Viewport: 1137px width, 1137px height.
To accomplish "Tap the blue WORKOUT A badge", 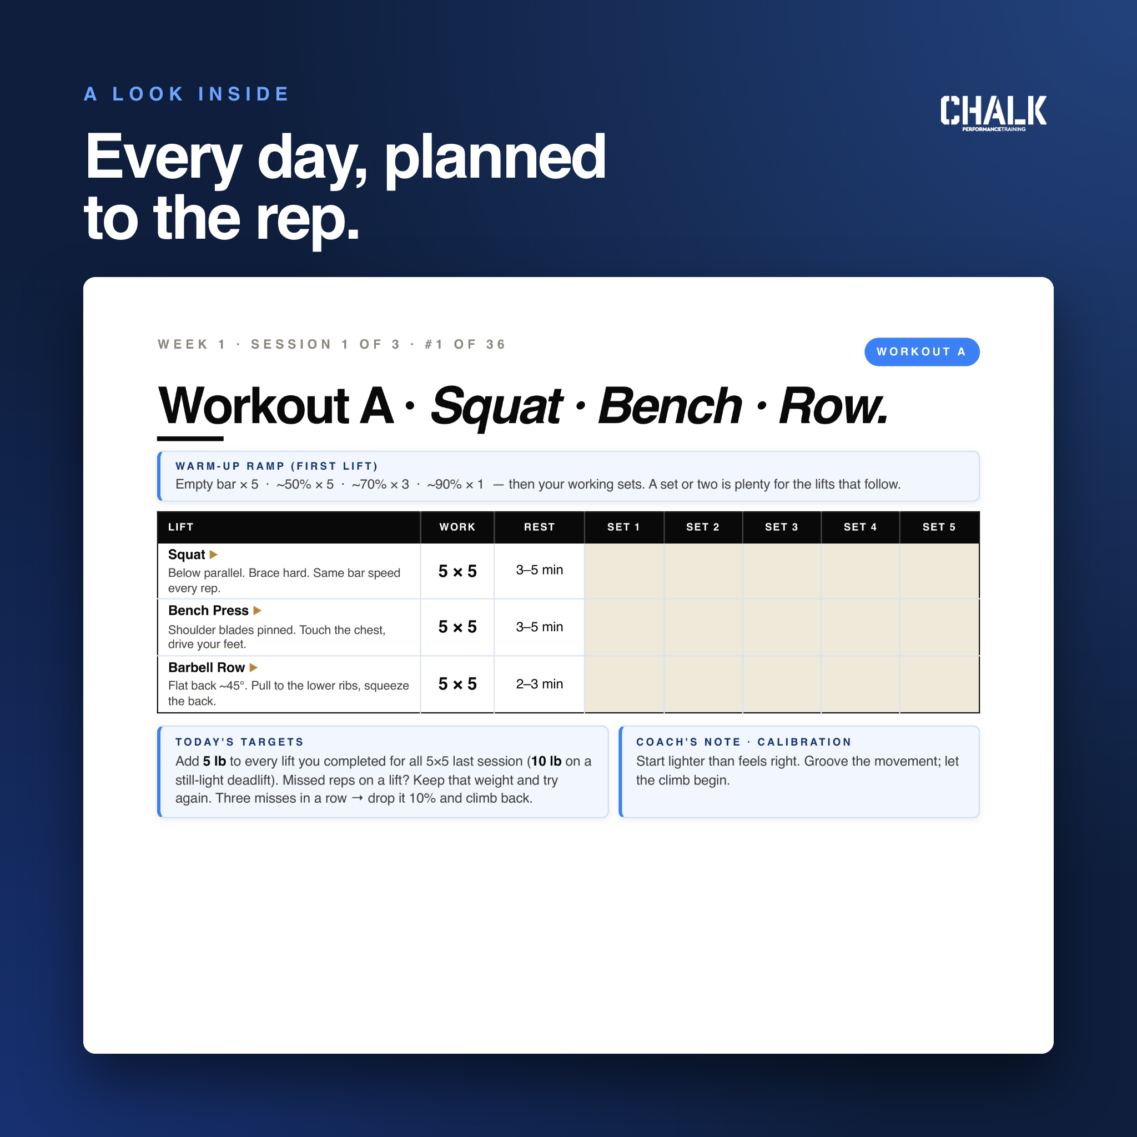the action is click(922, 352).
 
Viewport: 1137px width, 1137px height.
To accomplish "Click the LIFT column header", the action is click(180, 527).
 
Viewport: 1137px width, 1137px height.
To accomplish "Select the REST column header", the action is click(539, 527).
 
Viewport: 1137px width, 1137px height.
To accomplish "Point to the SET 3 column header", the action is click(782, 527).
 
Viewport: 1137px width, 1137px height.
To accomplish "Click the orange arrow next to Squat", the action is click(214, 555).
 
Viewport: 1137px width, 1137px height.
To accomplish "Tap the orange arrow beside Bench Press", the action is click(257, 610).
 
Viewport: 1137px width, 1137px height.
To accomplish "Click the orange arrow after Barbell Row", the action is click(254, 667).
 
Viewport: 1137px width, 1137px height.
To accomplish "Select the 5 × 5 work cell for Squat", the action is click(457, 571).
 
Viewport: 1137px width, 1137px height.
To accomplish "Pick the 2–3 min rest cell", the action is click(539, 684).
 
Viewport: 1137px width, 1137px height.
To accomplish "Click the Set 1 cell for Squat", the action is click(624, 571).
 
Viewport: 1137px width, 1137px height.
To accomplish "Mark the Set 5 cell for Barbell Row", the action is click(939, 684).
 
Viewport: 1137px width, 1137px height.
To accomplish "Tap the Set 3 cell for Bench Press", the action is click(782, 627).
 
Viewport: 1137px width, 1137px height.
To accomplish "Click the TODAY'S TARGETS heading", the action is click(239, 742).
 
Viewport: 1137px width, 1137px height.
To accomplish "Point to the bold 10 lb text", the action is click(546, 761).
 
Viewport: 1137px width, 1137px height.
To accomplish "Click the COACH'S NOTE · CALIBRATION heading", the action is click(744, 742).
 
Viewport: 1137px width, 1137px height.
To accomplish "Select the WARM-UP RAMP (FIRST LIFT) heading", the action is click(276, 466).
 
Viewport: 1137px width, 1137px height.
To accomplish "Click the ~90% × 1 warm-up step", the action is click(455, 484).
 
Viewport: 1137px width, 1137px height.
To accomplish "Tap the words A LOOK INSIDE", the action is click(187, 94).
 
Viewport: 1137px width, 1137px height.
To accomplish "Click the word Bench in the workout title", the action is click(670, 406).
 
